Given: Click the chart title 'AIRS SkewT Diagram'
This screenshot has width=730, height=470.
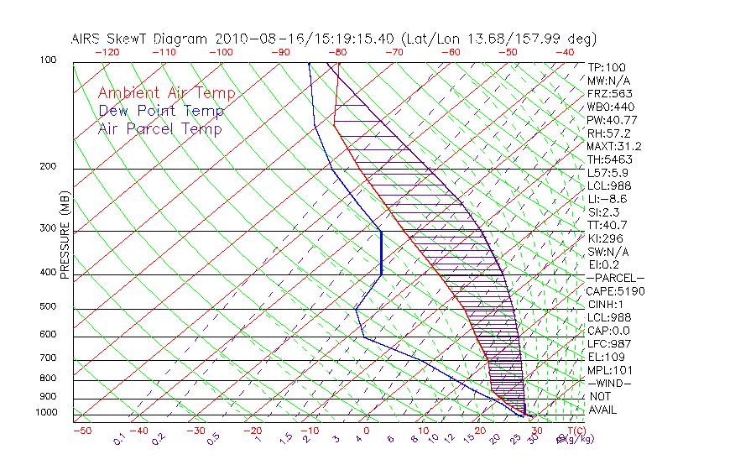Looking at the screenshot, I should click(141, 39).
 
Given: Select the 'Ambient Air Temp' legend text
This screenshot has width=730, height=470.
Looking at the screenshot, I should click(166, 94).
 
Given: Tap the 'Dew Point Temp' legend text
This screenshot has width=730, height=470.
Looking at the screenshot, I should click(161, 112).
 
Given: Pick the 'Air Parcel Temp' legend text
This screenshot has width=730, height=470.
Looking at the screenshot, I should click(159, 129).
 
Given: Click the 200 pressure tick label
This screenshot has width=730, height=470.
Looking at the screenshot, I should click(49, 167).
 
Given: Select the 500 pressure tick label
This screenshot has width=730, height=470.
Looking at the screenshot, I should click(49, 307).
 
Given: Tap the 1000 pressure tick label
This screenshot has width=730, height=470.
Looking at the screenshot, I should click(47, 413).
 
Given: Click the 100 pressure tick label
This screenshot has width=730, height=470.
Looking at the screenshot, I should click(49, 60).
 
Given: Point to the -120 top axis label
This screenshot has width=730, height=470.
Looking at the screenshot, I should click(107, 52).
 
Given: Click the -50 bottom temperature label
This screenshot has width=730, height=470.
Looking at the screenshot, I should click(81, 431).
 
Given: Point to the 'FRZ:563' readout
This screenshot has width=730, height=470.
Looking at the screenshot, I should click(610, 94).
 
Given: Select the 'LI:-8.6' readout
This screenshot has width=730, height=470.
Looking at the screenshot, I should click(607, 199).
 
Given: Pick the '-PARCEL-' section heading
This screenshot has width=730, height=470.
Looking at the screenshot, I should click(615, 278).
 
